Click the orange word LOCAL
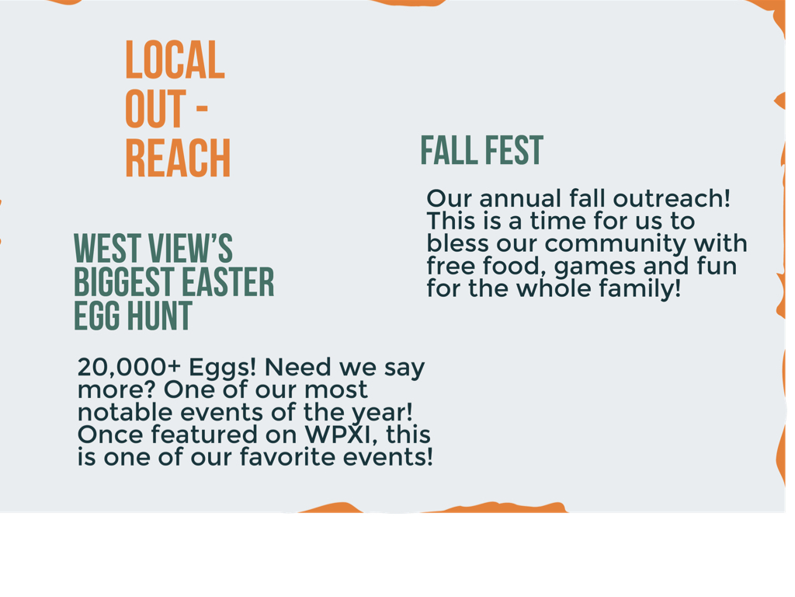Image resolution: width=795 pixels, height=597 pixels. click(175, 60)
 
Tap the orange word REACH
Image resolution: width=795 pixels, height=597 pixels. click(178, 158)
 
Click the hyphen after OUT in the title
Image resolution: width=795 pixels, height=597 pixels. click(202, 109)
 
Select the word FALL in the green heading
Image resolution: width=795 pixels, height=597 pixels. click(449, 150)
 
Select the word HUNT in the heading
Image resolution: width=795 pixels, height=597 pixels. click(159, 316)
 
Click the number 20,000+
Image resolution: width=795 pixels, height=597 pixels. click(130, 367)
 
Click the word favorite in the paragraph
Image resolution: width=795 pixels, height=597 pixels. click(289, 457)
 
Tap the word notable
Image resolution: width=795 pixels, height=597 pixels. click(126, 412)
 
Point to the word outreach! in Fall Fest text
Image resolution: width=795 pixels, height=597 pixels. click(672, 198)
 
